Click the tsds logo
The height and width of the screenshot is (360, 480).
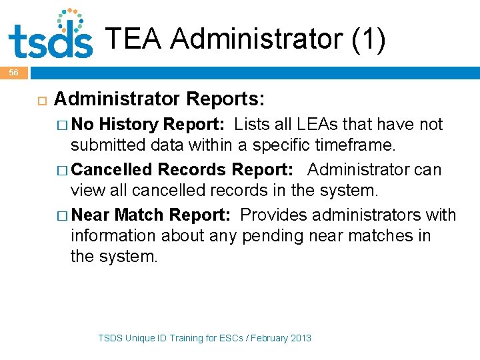coord(51,35)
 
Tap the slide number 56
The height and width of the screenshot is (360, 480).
coord(13,72)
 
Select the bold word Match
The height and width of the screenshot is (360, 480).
coord(139,215)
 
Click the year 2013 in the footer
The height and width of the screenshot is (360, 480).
coord(301,338)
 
